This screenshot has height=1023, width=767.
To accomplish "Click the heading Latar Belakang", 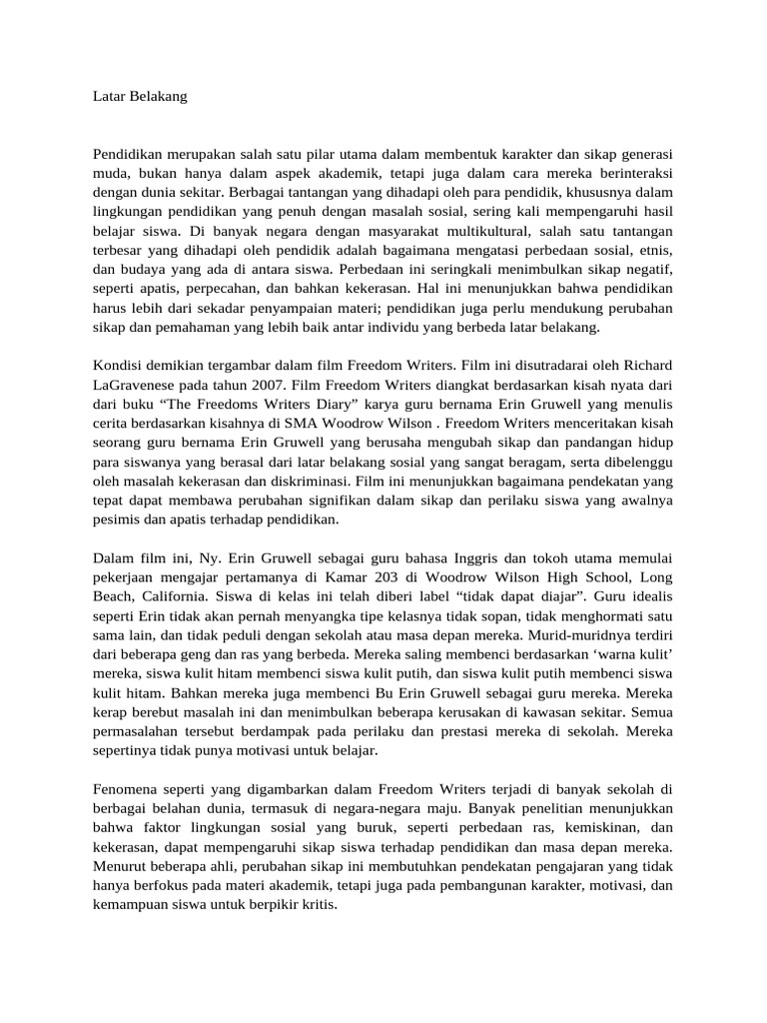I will pyautogui.click(x=140, y=97).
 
